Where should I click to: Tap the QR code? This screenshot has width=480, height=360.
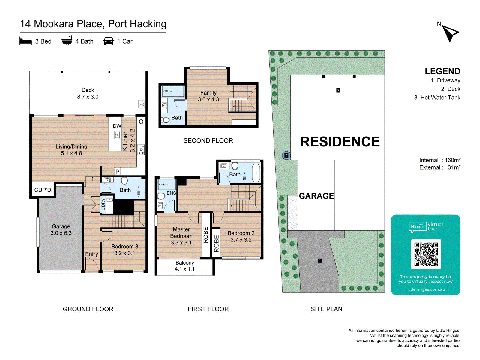pyautogui.click(x=426, y=254)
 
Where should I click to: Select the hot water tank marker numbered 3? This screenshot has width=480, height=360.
pyautogui.click(x=286, y=155)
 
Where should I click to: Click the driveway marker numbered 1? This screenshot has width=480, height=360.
pyautogui.click(x=320, y=260)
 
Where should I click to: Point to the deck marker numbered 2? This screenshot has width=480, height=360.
pyautogui.click(x=338, y=90)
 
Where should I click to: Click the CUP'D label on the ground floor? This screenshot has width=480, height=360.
pyautogui.click(x=43, y=190)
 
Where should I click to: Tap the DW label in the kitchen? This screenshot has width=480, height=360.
pyautogui.click(x=117, y=126)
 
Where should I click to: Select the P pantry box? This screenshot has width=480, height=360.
pyautogui.click(x=117, y=172)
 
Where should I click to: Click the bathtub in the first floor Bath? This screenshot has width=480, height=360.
pyautogui.click(x=256, y=173)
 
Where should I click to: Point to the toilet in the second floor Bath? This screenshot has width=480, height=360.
pyautogui.click(x=166, y=120)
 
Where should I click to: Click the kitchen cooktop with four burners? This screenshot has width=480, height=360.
pyautogui.click(x=141, y=150)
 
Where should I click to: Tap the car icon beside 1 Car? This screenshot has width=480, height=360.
pyautogui.click(x=109, y=41)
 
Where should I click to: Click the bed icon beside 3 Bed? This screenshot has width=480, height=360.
pyautogui.click(x=25, y=41)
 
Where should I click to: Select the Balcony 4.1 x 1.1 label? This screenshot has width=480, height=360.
pyautogui.click(x=185, y=266)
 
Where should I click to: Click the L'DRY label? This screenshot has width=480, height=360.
pyautogui.click(x=103, y=204)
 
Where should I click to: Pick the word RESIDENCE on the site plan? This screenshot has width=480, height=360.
pyautogui.click(x=340, y=141)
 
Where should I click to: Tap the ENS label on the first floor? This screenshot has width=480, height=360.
pyautogui.click(x=171, y=193)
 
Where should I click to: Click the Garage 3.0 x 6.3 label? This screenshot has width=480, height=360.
pyautogui.click(x=61, y=230)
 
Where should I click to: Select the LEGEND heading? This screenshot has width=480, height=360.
pyautogui.click(x=442, y=71)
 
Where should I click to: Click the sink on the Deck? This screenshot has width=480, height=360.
pyautogui.click(x=142, y=104)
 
